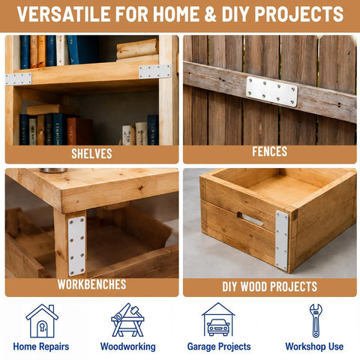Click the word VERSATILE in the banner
pos(64,14)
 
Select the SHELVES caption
pos(91,154)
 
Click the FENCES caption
pos(269,151)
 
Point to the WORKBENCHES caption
pos(91,284)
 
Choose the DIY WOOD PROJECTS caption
pos(269,286)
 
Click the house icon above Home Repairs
pos(42,320)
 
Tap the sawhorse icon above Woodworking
pos(127,320)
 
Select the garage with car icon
pos(218,319)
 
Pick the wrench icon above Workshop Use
pos(316,321)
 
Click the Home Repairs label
pos(41,346)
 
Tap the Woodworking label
pos(127,346)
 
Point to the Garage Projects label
pos(219,346)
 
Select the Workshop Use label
pos(314,346)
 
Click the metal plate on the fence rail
pos(271,91)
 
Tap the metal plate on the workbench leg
pos(76,246)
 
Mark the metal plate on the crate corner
pos(282,240)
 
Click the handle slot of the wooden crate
pos(250,219)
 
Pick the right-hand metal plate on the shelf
pos(154,71)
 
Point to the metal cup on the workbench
pos(53,170)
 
